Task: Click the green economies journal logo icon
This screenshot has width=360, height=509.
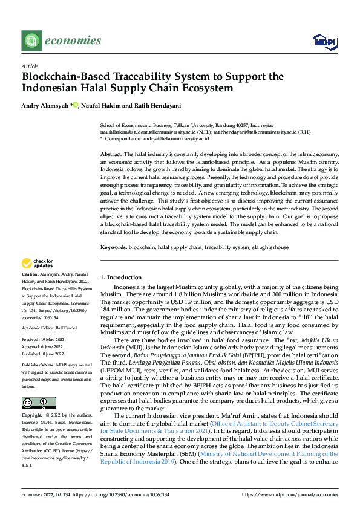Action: tap(30, 41)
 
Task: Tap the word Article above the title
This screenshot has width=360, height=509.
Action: tap(30, 66)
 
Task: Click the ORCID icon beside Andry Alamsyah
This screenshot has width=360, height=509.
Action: tap(76, 105)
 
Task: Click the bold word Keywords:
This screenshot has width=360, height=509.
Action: tap(113, 248)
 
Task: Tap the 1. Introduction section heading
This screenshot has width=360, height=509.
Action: tap(120, 276)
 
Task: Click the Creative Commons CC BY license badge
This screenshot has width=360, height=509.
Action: tap(39, 403)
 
